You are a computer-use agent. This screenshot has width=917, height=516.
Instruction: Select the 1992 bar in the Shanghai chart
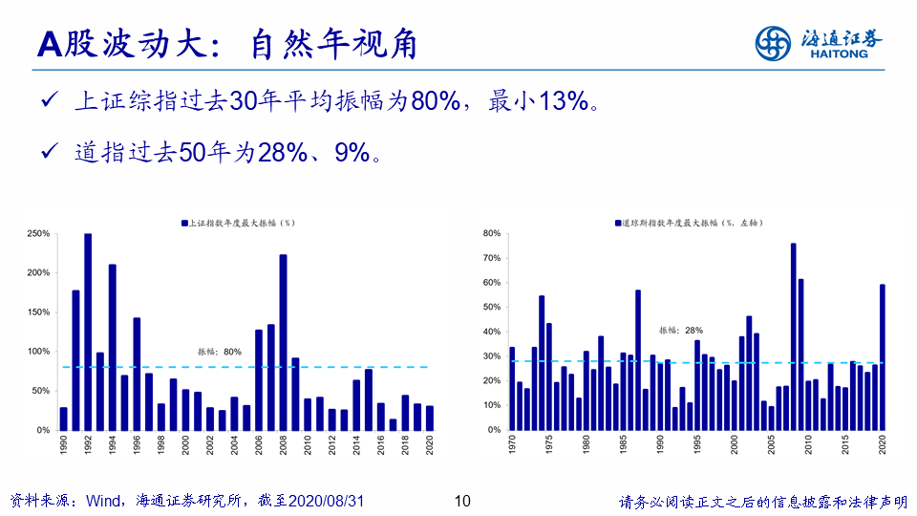88,332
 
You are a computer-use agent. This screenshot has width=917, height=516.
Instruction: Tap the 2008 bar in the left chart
284,342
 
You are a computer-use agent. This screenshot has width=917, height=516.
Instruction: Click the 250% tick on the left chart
38,233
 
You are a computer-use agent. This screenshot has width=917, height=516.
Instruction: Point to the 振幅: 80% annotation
220,352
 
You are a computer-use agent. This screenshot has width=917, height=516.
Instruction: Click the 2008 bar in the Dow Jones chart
793,336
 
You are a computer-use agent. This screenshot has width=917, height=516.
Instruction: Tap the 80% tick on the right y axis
492,233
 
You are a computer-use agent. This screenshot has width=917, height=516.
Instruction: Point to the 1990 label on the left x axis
64,444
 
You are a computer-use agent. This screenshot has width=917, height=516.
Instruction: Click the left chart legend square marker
184,223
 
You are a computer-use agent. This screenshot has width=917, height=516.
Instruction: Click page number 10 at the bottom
461,501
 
